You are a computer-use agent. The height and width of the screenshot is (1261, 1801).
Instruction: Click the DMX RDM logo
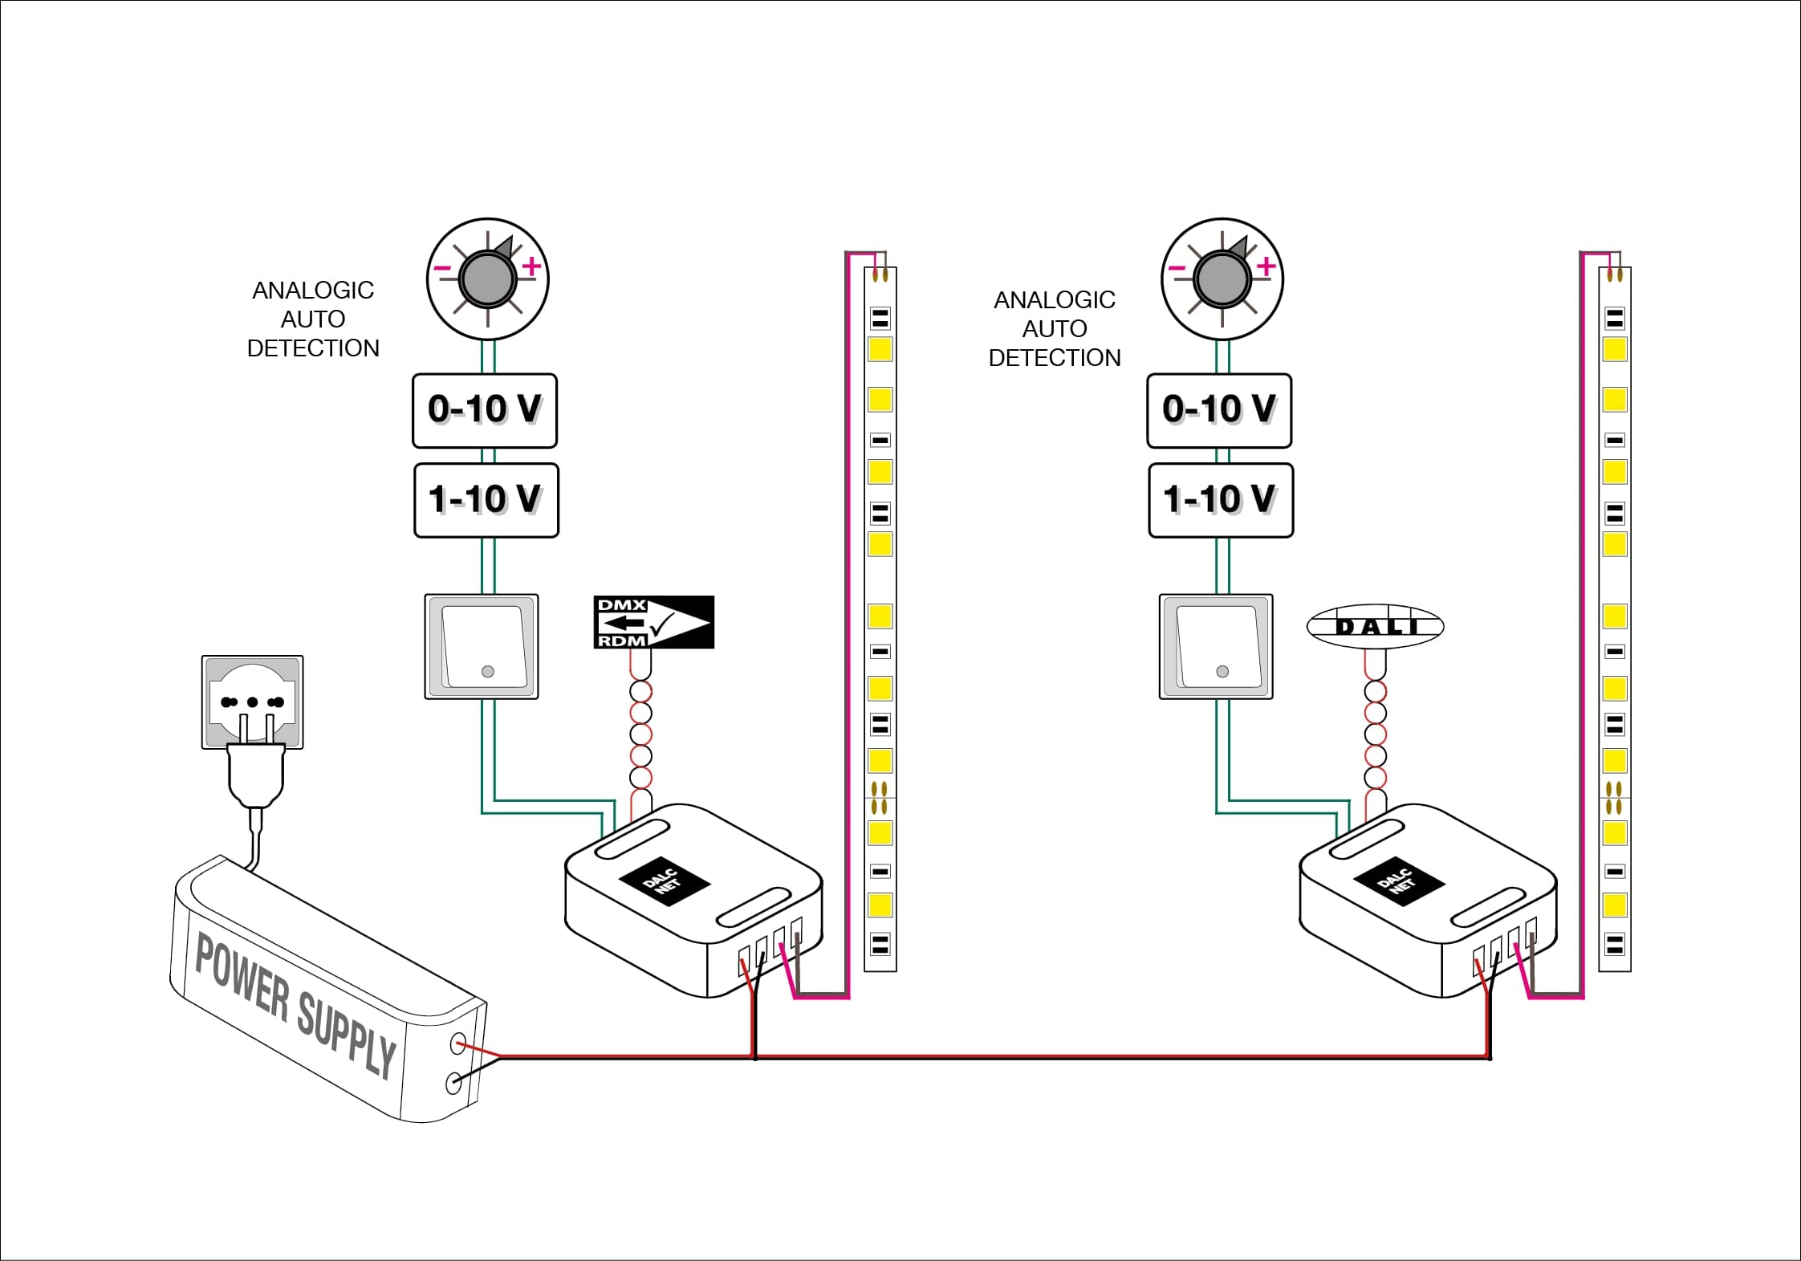653,622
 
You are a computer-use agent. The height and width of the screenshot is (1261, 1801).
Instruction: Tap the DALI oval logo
1375,626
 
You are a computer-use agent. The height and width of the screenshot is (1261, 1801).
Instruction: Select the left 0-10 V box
485,410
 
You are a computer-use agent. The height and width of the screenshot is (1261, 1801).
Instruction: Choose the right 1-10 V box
1220,500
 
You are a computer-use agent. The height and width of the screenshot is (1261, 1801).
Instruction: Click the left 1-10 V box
486,500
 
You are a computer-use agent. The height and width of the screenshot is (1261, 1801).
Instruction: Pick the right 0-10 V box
1219,410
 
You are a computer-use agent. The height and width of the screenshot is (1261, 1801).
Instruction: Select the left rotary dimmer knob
487,279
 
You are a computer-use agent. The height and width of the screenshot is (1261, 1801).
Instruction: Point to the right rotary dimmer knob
1222,279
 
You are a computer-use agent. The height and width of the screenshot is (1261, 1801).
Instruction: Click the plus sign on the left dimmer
531,266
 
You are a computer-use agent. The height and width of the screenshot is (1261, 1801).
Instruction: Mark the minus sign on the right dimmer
1177,268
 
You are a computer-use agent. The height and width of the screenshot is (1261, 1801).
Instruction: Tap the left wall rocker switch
482,646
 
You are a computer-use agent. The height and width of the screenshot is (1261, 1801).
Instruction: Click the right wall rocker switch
1216,646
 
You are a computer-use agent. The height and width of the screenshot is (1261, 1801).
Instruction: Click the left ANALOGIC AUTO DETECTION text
313,319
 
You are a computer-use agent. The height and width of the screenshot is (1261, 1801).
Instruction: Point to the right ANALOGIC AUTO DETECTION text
1055,328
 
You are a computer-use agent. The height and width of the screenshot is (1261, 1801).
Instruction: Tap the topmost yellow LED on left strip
880,350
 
